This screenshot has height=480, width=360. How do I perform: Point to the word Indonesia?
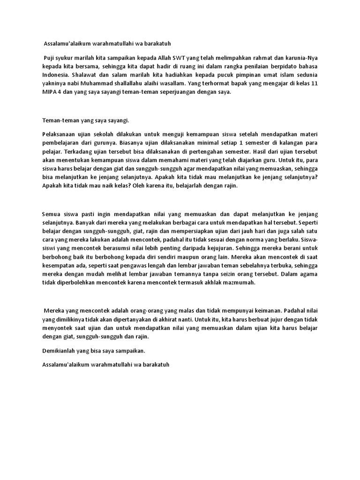tap(55, 75)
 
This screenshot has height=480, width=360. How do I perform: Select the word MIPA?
tap(50, 92)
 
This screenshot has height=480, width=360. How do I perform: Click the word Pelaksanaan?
tap(59, 135)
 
